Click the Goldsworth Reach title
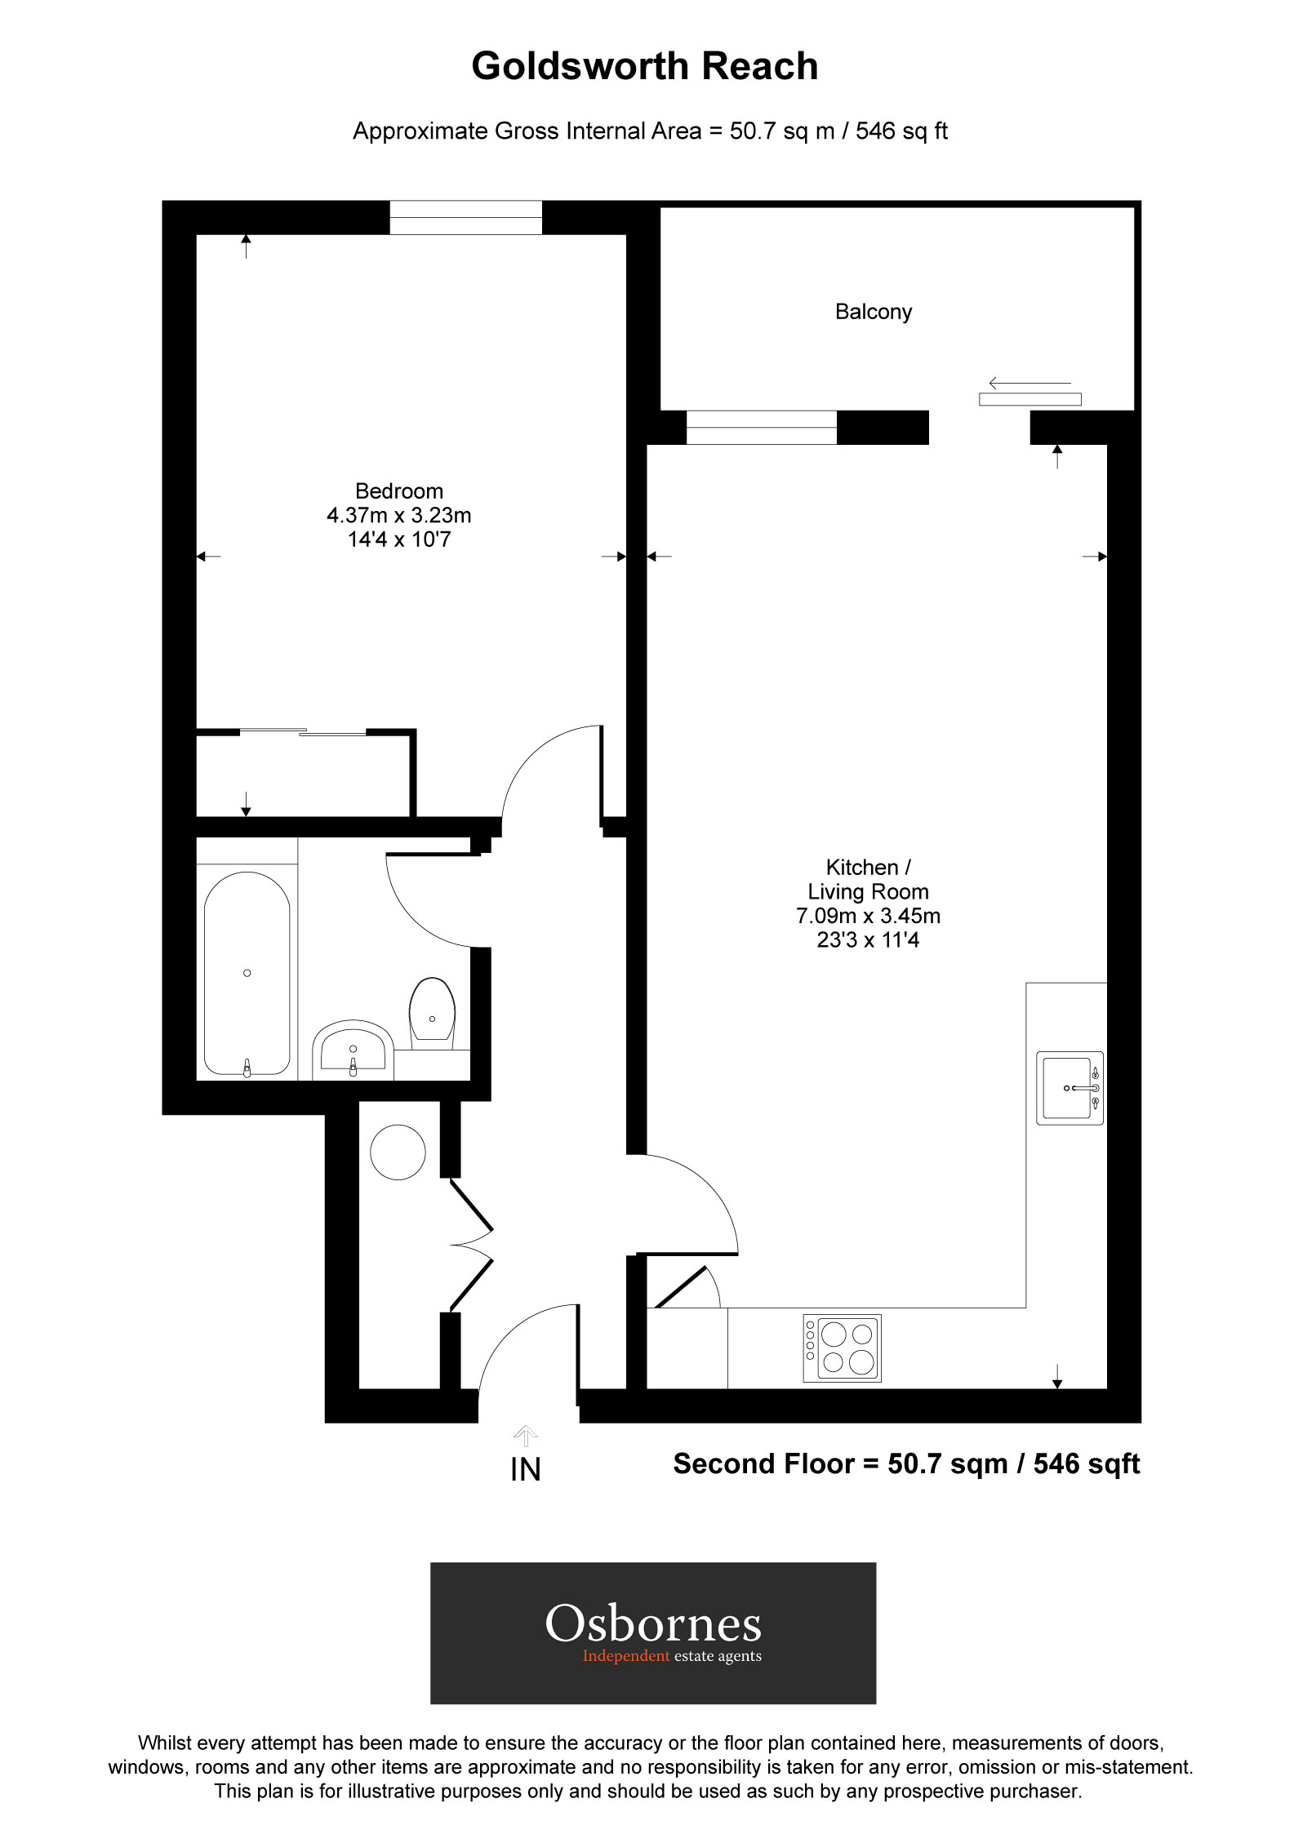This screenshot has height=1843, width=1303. pos(644,66)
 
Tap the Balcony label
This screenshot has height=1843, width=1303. pos(873,312)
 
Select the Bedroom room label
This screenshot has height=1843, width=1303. pos(398,491)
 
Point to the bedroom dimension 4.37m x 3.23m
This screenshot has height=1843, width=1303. pos(398,515)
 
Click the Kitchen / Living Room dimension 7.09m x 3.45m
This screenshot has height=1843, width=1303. pos(868,916)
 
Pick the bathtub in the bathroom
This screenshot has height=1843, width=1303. pos(247,973)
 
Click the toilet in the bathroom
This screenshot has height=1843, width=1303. pos(432,1012)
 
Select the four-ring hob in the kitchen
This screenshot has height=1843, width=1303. pos(842,1348)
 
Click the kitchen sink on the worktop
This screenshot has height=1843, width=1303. pos(1069,1088)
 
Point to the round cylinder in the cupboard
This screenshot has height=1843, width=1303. pos(398,1152)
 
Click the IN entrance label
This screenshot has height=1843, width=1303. pos(525,1470)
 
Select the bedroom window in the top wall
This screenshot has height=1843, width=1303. pos(465,217)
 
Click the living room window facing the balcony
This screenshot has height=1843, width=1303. pos(761,428)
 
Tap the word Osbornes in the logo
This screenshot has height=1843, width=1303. pos(653,1623)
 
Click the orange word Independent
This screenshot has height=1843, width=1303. pos(625,1656)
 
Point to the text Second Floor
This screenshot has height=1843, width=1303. pos(763,1464)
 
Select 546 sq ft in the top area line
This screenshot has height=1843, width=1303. pos(901,131)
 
